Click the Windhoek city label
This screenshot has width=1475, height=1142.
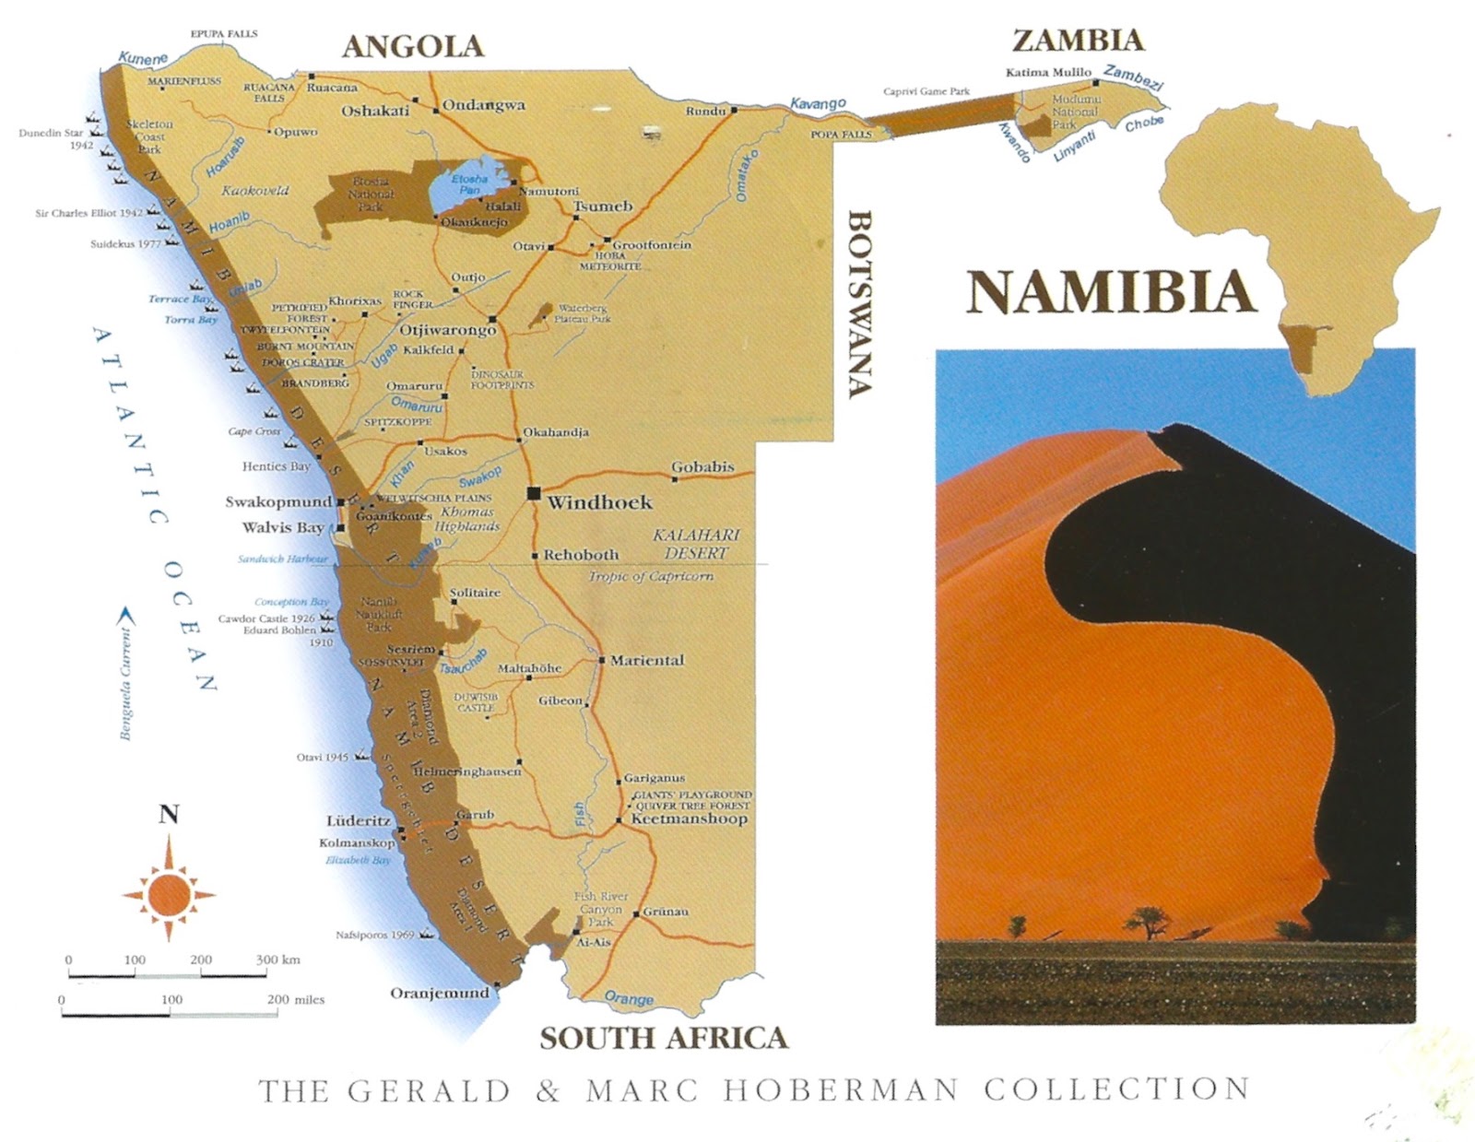pos(599,502)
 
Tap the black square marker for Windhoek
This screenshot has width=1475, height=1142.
pos(533,493)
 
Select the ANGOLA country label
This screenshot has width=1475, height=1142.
pos(412,47)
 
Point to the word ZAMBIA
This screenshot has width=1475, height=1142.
pos(1078,41)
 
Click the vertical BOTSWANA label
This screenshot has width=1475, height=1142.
pos(859,304)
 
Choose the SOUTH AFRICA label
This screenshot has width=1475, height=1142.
pos(664,1038)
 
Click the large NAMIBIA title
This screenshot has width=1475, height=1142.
pos(1111,292)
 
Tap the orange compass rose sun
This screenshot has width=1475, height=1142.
pos(169,892)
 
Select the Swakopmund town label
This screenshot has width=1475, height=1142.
pos(278,502)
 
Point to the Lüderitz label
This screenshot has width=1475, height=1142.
pos(359,820)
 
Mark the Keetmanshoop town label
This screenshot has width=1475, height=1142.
pos(689,818)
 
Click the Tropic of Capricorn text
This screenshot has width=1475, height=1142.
pos(651,576)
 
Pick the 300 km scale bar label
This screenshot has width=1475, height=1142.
pos(278,960)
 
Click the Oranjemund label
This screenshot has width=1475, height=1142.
pos(440,993)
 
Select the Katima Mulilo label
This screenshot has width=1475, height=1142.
pos(1048,72)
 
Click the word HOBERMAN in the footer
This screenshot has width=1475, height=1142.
pos(841,1090)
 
